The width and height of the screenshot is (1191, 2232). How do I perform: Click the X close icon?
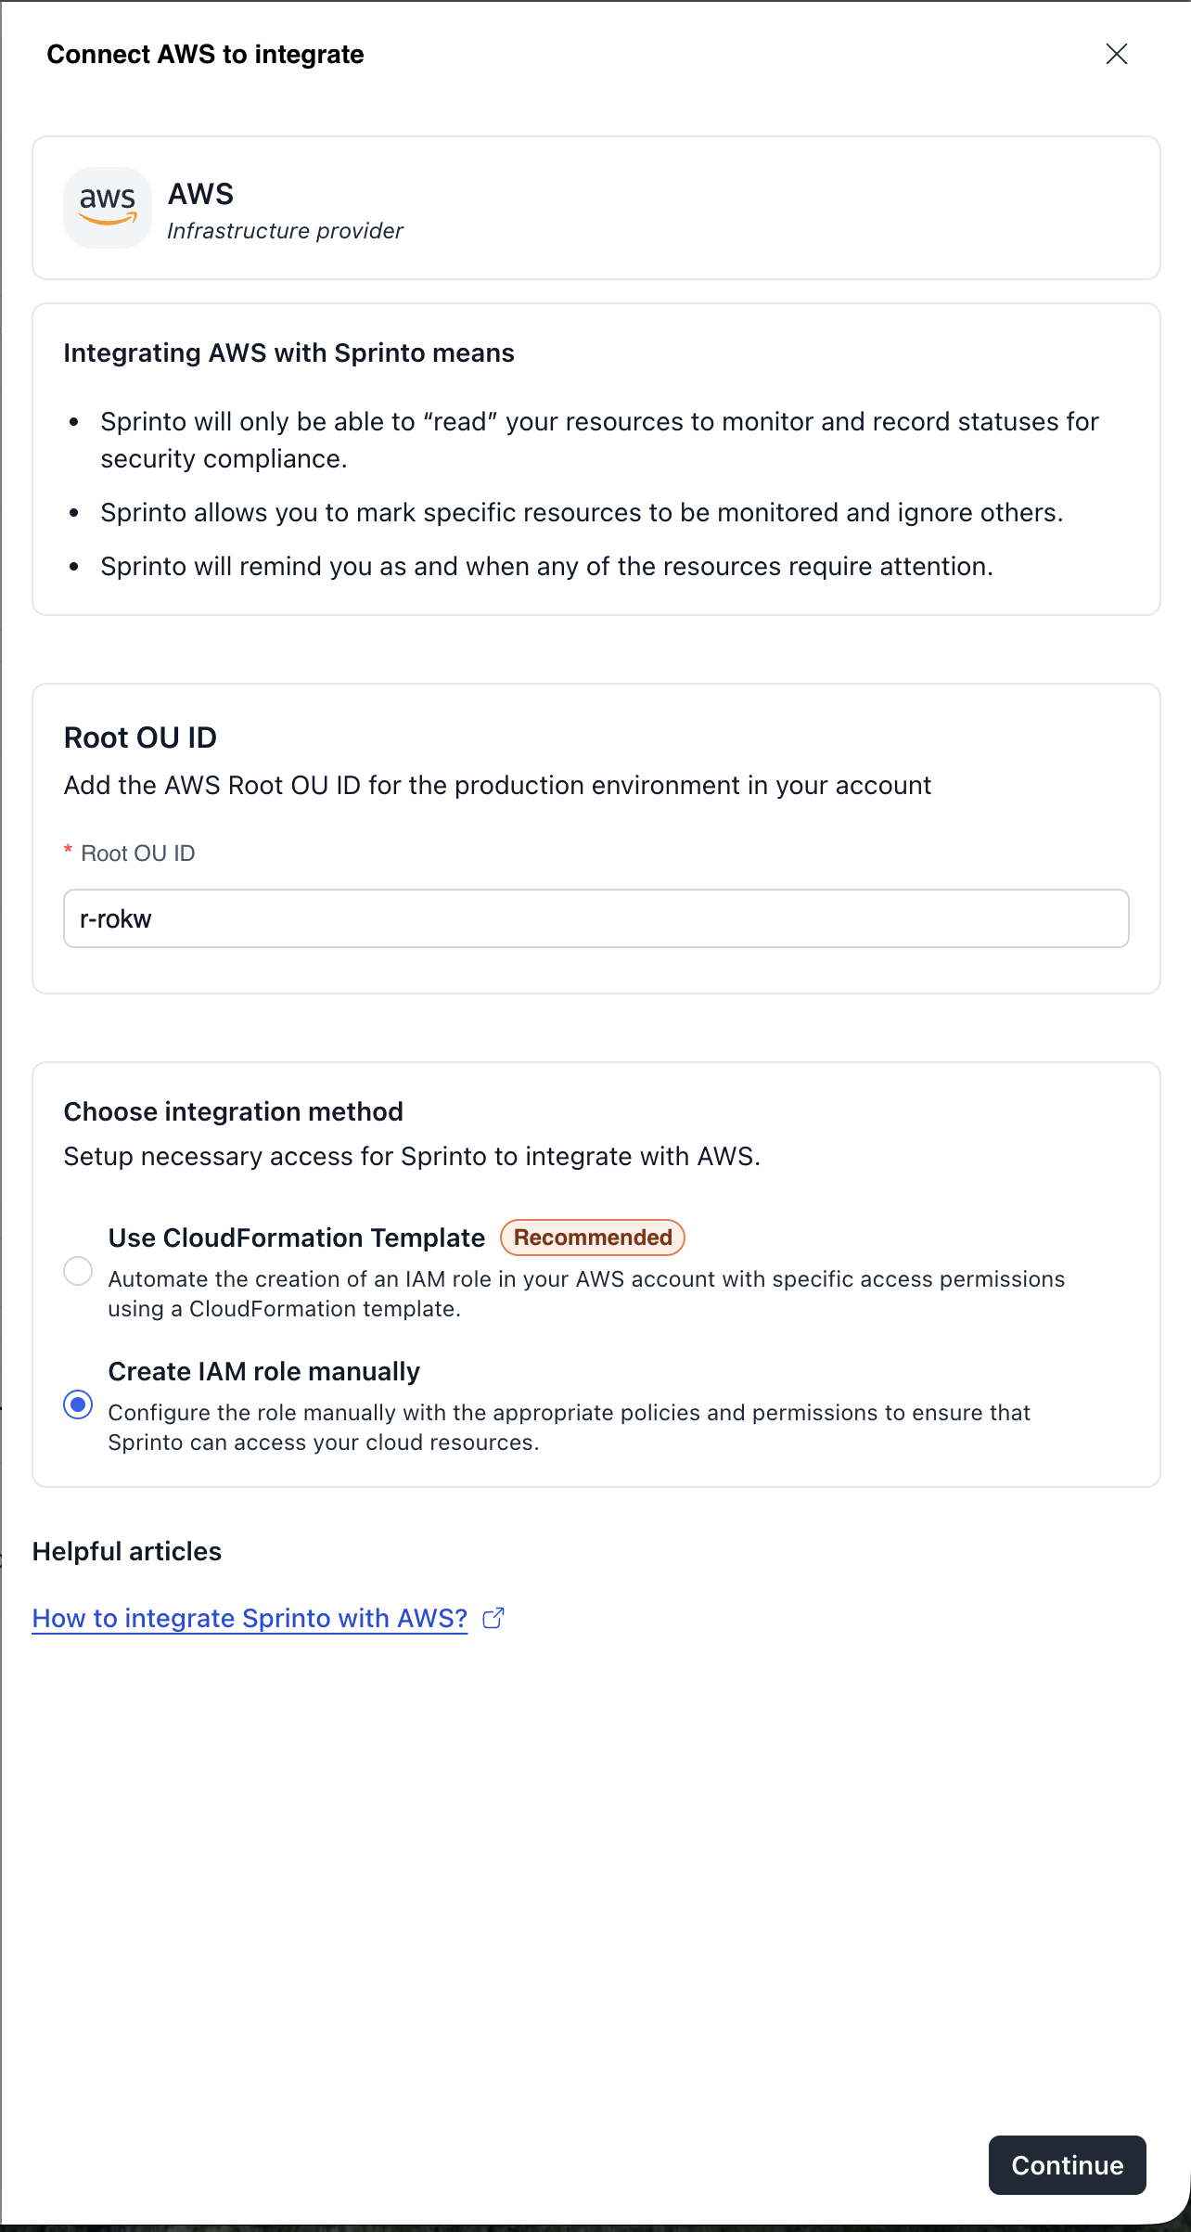(1117, 54)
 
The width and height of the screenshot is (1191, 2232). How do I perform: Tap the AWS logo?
(108, 207)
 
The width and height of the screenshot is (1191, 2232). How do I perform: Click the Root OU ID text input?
(595, 918)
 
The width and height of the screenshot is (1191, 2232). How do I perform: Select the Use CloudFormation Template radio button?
(78, 1271)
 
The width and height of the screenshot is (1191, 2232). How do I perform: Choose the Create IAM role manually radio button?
(78, 1405)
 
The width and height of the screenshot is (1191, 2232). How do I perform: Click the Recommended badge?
(593, 1238)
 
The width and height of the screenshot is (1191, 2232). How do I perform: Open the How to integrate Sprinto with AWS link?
(250, 1618)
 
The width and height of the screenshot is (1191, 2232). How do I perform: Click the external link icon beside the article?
(493, 1618)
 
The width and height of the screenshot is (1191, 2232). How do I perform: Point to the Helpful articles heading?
(127, 1551)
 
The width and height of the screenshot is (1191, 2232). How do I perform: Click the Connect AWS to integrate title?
(205, 55)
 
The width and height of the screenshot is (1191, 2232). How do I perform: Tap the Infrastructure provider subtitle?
(285, 231)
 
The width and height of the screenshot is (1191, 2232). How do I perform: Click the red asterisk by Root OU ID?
(68, 850)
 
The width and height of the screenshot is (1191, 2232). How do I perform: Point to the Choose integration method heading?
(233, 1111)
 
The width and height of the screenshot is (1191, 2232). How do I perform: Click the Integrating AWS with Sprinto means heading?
(288, 353)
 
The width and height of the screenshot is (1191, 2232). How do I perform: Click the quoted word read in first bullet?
(460, 422)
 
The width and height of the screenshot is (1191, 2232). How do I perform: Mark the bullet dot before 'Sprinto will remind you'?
(74, 567)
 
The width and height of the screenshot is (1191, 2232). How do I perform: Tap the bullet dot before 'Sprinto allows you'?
(74, 513)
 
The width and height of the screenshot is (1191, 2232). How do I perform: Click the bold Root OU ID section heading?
(140, 738)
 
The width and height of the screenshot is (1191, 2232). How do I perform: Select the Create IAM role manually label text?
(263, 1371)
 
